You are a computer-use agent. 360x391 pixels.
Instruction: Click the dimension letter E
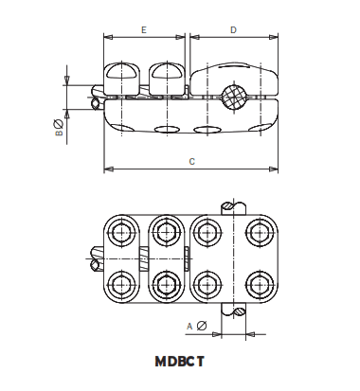[x=143, y=30]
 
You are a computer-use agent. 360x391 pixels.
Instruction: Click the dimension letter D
[x=233, y=30]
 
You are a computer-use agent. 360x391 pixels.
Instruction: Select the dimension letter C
[x=192, y=162]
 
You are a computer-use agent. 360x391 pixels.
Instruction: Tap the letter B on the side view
[x=59, y=134]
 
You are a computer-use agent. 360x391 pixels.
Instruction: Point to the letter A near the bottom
[x=189, y=327]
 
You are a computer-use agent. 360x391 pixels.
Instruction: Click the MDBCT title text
[x=180, y=361]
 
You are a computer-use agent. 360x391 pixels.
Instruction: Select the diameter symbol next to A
[x=202, y=327]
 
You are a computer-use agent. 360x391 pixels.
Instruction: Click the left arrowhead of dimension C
[x=106, y=169]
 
